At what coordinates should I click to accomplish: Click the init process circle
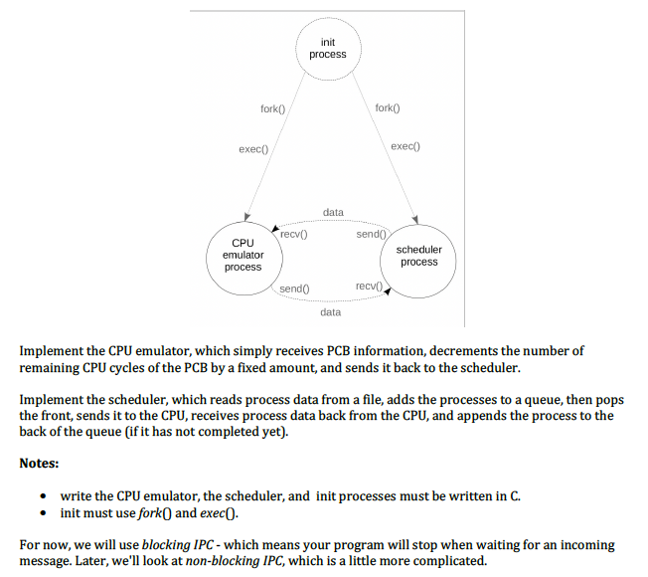[327, 48]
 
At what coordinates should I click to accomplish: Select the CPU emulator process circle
[243, 256]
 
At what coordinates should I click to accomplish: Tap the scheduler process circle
[418, 256]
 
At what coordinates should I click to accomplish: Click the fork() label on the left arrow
[273, 109]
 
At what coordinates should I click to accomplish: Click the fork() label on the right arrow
[388, 107]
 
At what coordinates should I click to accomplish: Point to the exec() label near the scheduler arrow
[405, 146]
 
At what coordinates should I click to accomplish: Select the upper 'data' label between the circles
[333, 213]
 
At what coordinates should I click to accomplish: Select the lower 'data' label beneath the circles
[331, 312]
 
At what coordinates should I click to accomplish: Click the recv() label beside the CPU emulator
[293, 235]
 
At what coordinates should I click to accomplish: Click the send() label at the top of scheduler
[369, 234]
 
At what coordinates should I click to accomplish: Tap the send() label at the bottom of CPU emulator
[294, 288]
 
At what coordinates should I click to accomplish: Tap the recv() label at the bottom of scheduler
[368, 287]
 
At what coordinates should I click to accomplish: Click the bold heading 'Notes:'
[40, 464]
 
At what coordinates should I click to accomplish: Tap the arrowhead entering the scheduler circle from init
[415, 221]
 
